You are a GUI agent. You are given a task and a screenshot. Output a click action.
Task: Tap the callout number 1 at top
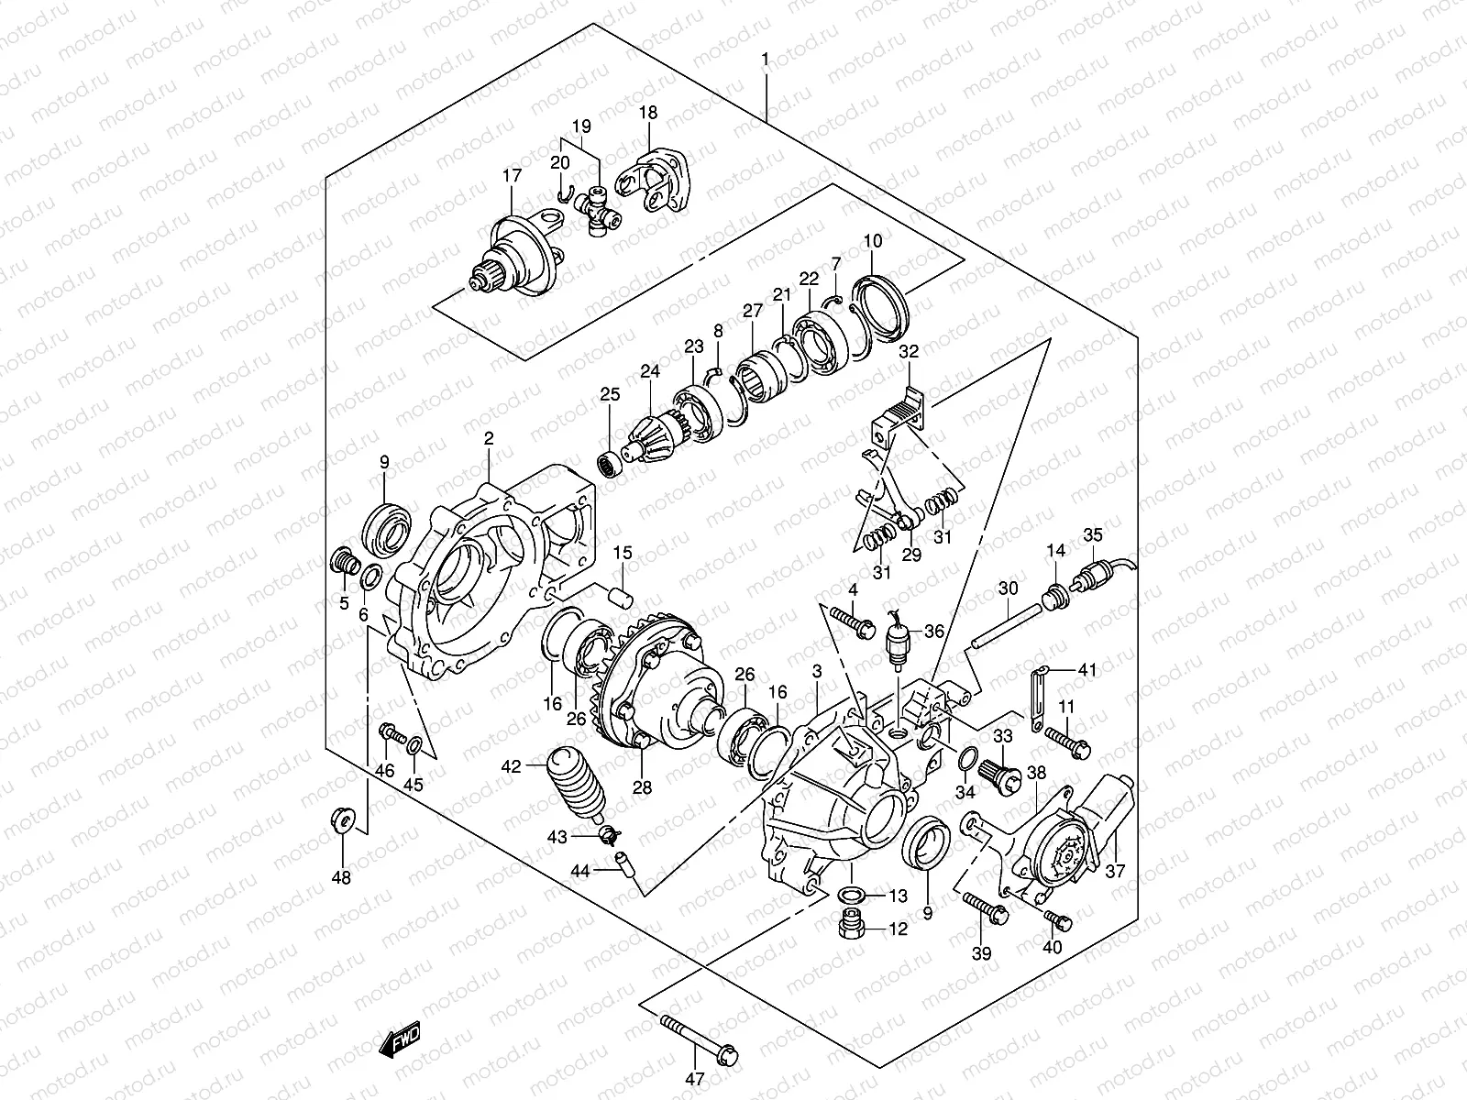765,60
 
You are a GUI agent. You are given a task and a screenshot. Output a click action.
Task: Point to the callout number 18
648,113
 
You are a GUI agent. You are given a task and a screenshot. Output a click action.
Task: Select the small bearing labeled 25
609,463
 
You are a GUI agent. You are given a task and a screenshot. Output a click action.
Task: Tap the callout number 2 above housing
490,440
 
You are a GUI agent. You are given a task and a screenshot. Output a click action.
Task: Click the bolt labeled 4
855,621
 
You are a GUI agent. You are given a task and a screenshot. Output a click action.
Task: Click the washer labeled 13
850,895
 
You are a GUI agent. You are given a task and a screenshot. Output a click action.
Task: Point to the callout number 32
909,351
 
